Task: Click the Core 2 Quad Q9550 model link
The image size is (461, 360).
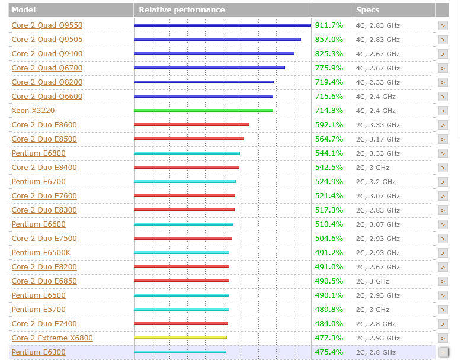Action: click(47, 25)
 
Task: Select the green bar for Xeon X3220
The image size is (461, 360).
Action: click(203, 110)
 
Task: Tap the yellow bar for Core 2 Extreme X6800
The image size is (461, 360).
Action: click(180, 337)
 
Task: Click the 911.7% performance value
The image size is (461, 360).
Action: click(329, 25)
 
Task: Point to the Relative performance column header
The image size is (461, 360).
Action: click(182, 10)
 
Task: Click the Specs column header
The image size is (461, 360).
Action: click(367, 10)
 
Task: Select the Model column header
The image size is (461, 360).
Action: click(24, 10)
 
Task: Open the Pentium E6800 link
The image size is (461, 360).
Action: click(39, 153)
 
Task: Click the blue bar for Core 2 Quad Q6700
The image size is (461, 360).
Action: click(209, 67)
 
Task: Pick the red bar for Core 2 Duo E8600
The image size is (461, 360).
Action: click(191, 124)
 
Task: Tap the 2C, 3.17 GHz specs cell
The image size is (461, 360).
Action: click(377, 139)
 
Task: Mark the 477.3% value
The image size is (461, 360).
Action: click(329, 338)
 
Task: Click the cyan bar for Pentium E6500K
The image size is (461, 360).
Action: click(181, 253)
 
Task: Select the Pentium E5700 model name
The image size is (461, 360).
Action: click(39, 310)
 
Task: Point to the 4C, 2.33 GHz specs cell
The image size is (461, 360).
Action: click(377, 82)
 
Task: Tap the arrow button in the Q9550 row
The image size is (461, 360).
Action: click(443, 25)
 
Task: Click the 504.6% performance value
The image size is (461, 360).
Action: click(329, 239)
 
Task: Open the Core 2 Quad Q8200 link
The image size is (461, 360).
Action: click(47, 82)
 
